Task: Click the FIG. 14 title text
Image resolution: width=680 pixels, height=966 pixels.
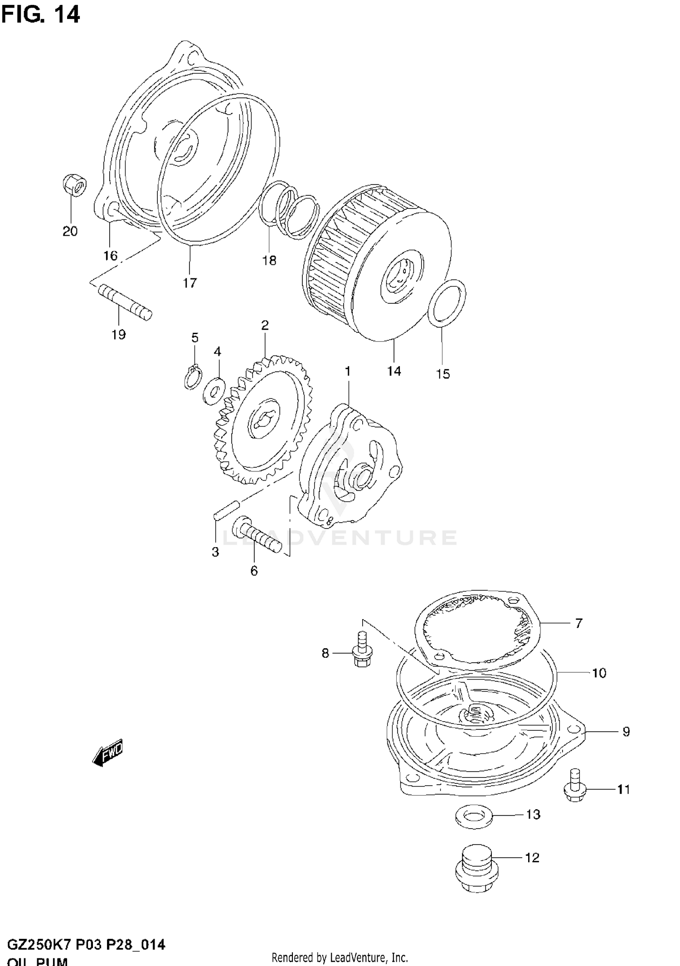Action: click(40, 15)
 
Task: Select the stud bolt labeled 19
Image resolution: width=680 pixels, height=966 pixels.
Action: click(125, 302)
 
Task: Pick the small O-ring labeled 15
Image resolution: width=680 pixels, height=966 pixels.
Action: click(447, 303)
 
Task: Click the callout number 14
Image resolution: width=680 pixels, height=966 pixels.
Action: click(394, 371)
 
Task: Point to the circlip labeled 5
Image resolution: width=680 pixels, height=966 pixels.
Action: click(192, 377)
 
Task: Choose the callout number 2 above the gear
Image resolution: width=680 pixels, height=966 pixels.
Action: click(265, 325)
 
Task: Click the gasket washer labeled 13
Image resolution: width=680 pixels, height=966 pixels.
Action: click(473, 817)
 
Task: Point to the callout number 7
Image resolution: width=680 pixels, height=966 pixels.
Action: click(578, 623)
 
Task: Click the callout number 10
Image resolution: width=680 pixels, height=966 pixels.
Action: click(599, 673)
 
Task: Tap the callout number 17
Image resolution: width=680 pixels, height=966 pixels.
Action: click(190, 283)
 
